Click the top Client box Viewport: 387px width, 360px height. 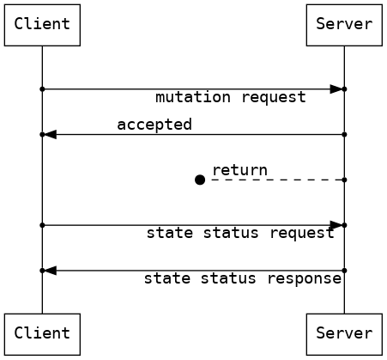[42, 24]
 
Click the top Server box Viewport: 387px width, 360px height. [344, 24]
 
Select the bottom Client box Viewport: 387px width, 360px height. [42, 333]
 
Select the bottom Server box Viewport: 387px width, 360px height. [344, 333]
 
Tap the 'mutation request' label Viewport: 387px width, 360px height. [230, 98]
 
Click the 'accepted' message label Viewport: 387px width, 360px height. [154, 125]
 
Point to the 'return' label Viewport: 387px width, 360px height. [239, 170]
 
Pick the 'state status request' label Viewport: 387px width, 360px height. [240, 233]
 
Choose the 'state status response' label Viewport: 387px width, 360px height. [242, 278]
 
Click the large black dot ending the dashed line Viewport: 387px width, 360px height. [200, 180]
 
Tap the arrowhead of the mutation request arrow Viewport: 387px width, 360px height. [336, 88]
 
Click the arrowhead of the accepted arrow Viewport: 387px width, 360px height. [51, 134]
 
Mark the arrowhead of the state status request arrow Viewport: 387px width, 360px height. [336, 225]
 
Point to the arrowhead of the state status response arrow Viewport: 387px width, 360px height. [51, 271]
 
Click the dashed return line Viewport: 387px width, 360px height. [275, 180]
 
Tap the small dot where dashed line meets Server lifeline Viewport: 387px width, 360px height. [344, 180]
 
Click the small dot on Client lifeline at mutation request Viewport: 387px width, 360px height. [42, 88]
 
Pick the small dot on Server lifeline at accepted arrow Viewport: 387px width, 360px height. [344, 134]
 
